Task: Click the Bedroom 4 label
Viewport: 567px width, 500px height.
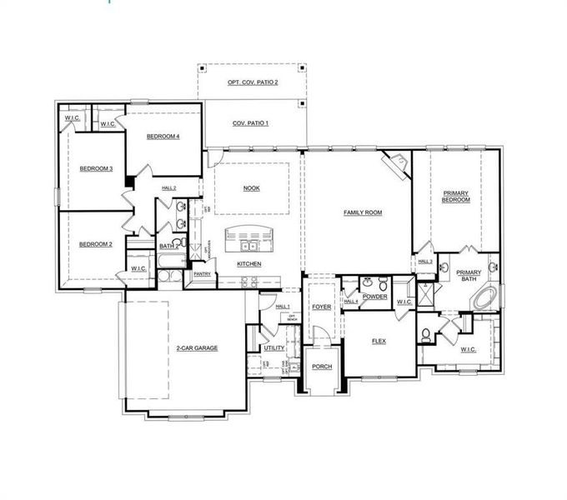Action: click(163, 137)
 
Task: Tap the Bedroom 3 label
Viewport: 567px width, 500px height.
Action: click(96, 169)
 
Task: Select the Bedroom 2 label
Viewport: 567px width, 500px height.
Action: click(96, 244)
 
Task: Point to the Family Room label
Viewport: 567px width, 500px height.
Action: click(363, 212)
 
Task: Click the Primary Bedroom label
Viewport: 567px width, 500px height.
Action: click(456, 197)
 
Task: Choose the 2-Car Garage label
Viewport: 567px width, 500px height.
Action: click(197, 347)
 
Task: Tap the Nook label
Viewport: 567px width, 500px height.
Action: click(251, 188)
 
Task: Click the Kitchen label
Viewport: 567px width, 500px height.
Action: click(249, 264)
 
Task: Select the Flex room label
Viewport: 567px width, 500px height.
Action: click(379, 341)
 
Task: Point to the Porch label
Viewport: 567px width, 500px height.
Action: click(322, 367)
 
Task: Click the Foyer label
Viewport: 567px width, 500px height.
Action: click(322, 307)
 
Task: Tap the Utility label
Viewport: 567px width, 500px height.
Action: click(274, 347)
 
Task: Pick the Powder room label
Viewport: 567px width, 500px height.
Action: click(375, 297)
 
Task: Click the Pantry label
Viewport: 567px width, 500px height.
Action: click(202, 273)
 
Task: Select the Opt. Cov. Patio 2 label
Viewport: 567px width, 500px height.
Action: click(253, 82)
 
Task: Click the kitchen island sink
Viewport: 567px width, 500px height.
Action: click(248, 245)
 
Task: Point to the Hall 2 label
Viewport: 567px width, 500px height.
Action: click(168, 188)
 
